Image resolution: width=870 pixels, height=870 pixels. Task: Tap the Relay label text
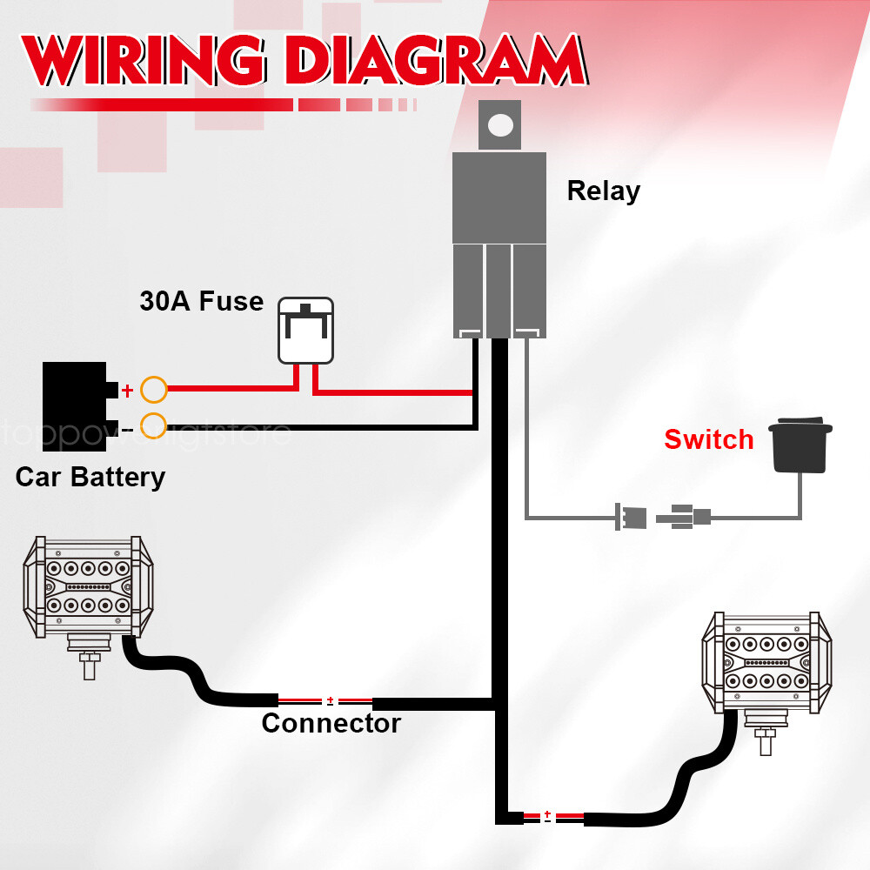point(603,191)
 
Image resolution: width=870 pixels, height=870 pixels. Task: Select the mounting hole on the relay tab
point(500,124)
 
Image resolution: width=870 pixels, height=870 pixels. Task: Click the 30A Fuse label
point(201,302)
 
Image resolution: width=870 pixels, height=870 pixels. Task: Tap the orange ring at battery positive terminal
point(153,390)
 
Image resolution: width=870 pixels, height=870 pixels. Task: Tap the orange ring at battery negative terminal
point(153,426)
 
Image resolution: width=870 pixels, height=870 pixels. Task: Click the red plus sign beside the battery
point(127,391)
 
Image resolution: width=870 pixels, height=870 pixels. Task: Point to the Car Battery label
point(90,477)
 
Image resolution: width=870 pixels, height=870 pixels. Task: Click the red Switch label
point(708,439)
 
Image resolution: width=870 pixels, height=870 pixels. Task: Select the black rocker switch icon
point(800,447)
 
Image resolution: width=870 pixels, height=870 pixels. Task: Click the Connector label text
point(331,723)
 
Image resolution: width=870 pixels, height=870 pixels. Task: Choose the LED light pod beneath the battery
point(86,587)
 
